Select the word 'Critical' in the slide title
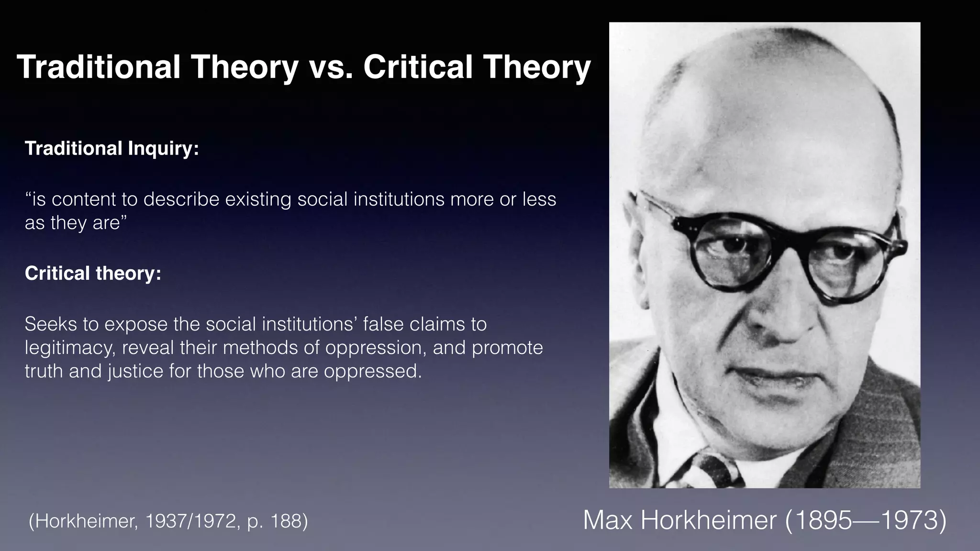click(x=418, y=67)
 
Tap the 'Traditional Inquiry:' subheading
click(x=111, y=149)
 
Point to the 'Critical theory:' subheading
click(x=93, y=273)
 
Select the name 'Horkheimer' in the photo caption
click(x=708, y=520)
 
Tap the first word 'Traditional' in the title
click(x=98, y=67)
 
